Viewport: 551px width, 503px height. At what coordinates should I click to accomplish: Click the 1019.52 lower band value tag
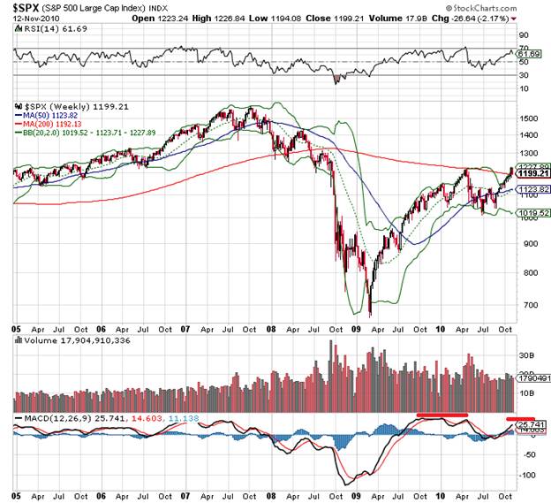pos(528,213)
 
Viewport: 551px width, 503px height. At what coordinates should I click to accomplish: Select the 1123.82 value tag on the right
pos(528,189)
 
